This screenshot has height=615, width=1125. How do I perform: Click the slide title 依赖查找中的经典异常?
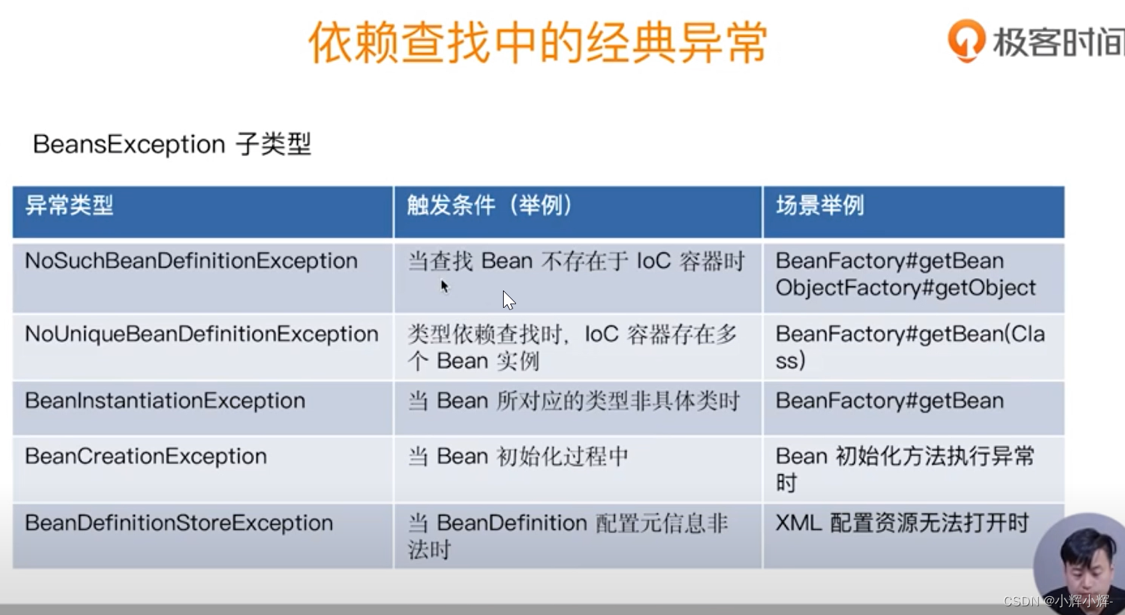pyautogui.click(x=538, y=43)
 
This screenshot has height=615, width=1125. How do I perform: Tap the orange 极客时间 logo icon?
pyautogui.click(x=966, y=40)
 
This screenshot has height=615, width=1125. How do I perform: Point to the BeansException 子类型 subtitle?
pyautogui.click(x=172, y=144)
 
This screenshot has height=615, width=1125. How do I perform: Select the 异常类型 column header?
pyautogui.click(x=70, y=205)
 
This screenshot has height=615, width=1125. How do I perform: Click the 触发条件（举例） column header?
pyautogui.click(x=490, y=205)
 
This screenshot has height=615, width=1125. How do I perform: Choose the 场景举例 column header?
pyautogui.click(x=820, y=205)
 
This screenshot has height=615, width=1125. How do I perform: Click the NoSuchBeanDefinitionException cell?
pyautogui.click(x=191, y=261)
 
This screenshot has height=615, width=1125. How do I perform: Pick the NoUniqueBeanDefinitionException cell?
pyautogui.click(x=201, y=334)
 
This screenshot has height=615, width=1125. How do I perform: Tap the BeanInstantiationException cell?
pyautogui.click(x=165, y=401)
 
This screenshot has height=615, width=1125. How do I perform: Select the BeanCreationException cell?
pyautogui.click(x=146, y=456)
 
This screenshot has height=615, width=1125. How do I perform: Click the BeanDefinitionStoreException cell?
pyautogui.click(x=179, y=523)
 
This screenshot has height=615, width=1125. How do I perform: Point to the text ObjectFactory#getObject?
pyautogui.click(x=905, y=288)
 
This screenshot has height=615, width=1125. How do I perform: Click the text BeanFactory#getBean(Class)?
pyautogui.click(x=909, y=346)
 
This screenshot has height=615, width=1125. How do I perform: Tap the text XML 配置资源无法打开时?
pyautogui.click(x=902, y=523)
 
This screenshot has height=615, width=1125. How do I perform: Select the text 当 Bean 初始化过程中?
pyautogui.click(x=517, y=456)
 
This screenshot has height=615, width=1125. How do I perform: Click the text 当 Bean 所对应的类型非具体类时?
pyautogui.click(x=573, y=401)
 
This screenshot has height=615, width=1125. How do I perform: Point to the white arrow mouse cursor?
pyautogui.click(x=508, y=300)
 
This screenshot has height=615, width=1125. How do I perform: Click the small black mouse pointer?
pyautogui.click(x=444, y=286)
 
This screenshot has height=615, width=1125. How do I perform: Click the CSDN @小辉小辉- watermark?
pyautogui.click(x=1057, y=601)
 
